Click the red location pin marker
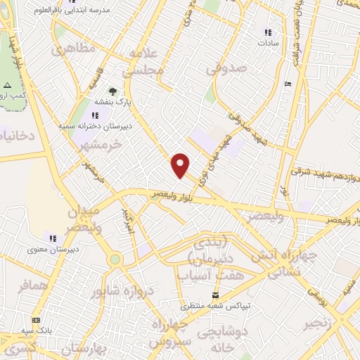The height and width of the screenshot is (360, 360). coord(181,165)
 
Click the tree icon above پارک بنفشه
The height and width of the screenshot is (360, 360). coord(112,91)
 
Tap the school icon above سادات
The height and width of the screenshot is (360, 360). coord(268,32)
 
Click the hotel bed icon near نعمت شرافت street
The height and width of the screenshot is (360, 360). coord(287,84)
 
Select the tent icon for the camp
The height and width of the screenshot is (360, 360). coord(8,85)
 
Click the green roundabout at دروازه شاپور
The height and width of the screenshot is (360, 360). coord(115,259)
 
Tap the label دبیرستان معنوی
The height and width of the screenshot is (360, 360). coord(51,249)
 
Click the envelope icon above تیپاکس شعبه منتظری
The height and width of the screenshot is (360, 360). coord(216,295)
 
